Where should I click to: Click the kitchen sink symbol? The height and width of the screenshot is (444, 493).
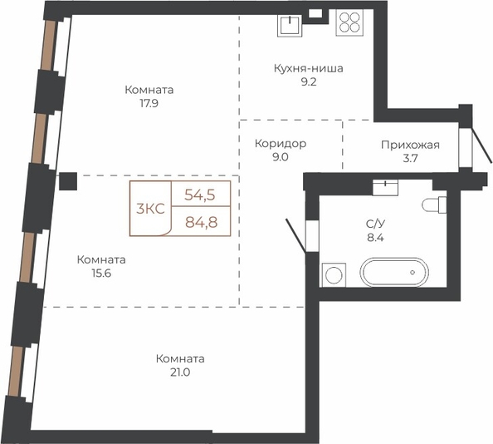(x=290, y=26)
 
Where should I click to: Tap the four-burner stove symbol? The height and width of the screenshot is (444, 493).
(x=349, y=22)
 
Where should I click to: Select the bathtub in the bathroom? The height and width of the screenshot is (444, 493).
(x=394, y=273)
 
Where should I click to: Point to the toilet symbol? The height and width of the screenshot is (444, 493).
(x=434, y=205)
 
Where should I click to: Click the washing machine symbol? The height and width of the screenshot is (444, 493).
(x=334, y=275)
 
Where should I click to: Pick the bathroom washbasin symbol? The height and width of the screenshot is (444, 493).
(x=385, y=188)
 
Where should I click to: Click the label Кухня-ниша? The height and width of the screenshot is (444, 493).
(x=309, y=68)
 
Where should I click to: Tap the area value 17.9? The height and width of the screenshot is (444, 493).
(x=149, y=104)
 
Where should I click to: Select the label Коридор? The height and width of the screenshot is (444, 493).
(x=281, y=144)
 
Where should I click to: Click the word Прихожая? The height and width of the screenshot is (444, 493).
(x=410, y=146)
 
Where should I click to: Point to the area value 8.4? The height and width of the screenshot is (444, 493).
(x=375, y=238)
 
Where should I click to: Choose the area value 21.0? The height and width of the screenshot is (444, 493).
(x=180, y=372)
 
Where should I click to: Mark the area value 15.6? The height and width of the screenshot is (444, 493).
(x=101, y=274)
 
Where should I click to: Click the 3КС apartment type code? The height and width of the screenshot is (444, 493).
(x=150, y=209)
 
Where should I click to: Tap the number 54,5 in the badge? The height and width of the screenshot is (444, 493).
(x=200, y=195)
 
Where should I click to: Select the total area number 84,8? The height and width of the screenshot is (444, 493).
(x=201, y=222)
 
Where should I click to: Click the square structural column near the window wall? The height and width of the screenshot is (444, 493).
(x=68, y=181)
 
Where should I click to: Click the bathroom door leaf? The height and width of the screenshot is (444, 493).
(x=295, y=235)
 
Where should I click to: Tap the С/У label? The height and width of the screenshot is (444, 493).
(x=375, y=224)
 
